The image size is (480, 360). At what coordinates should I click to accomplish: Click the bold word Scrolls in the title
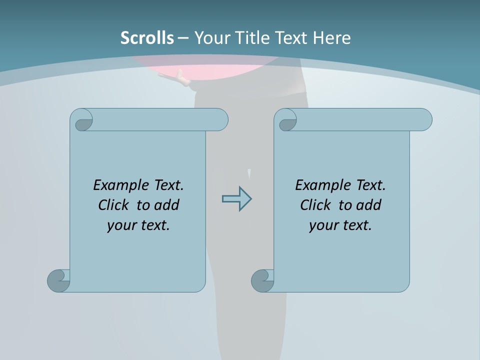tap(147, 38)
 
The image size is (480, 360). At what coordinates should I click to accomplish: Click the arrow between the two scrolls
tap(236, 199)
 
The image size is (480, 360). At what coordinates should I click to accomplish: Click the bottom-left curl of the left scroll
tap(58, 280)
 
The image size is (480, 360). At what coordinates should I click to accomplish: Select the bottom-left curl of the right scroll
tap(262, 280)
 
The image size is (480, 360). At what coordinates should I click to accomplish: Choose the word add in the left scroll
tap(166, 205)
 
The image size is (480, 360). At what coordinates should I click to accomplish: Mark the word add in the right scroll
tap(369, 205)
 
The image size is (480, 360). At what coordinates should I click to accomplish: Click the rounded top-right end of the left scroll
tap(220, 120)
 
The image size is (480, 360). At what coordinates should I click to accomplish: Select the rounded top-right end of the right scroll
tap(424, 120)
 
